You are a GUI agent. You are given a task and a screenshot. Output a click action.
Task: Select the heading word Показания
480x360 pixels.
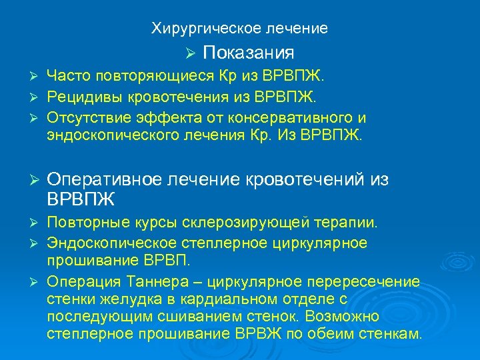[x=248, y=52]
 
